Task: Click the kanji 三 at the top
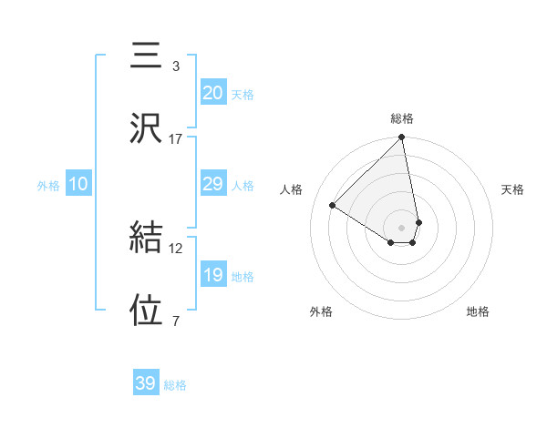[x=147, y=56]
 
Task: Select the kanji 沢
[x=147, y=128]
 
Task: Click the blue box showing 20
[x=212, y=93]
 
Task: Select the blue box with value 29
[x=212, y=184]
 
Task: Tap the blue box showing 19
[x=212, y=275]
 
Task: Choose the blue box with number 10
[x=78, y=184]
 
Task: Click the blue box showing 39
[x=146, y=383]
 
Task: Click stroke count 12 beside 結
[x=176, y=248]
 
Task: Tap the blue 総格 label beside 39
[x=175, y=385]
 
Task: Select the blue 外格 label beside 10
[x=48, y=186]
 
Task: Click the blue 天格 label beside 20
[x=242, y=95]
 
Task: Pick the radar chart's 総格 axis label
[x=402, y=118]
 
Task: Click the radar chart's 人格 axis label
[x=292, y=189]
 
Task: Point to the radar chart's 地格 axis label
[x=478, y=311]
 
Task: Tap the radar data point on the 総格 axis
[x=402, y=138]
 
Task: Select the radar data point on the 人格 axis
[x=333, y=206]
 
